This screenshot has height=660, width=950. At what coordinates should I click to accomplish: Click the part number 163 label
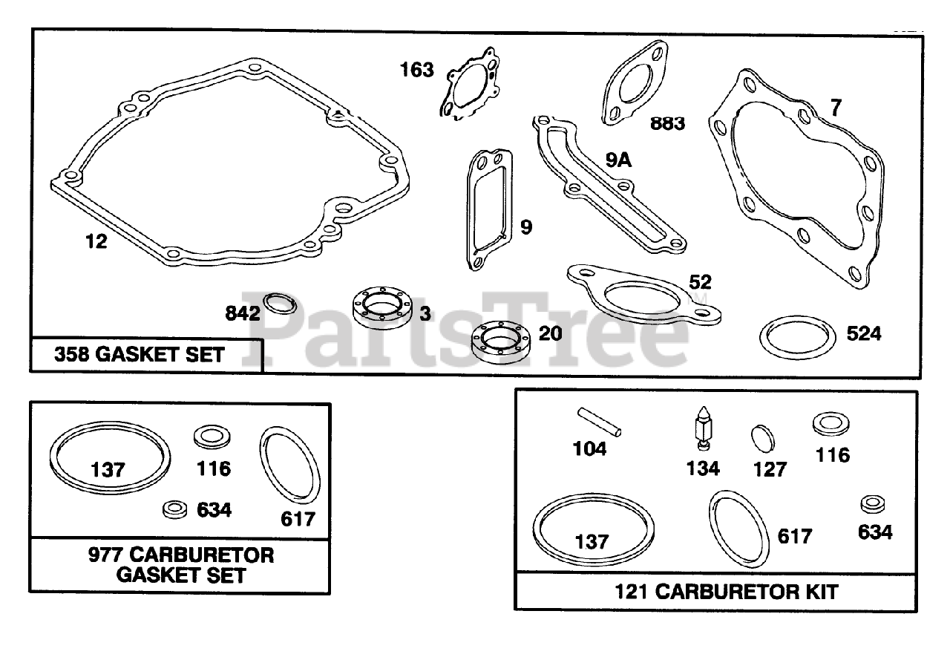(x=416, y=71)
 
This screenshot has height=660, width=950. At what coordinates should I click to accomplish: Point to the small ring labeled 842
(x=278, y=304)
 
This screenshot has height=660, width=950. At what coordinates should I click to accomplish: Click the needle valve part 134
(x=701, y=430)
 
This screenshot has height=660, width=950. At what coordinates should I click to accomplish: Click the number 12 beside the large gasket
(x=96, y=241)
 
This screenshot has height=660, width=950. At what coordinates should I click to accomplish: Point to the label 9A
(x=617, y=160)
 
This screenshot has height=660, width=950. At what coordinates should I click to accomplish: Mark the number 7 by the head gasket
(x=836, y=109)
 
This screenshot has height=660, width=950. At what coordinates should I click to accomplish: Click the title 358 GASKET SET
(x=139, y=354)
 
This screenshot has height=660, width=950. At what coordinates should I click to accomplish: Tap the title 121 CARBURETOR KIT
(x=726, y=592)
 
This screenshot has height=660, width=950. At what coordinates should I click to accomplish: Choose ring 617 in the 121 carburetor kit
(x=737, y=529)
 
